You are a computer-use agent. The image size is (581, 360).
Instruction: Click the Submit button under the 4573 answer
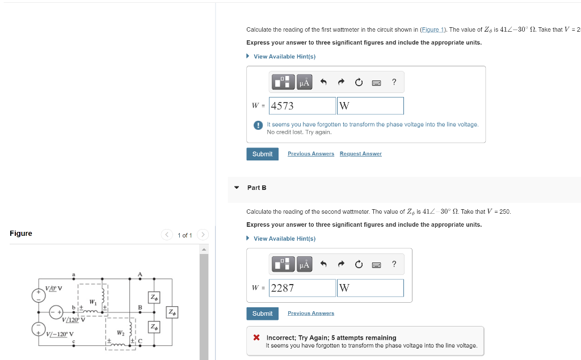coord(262,154)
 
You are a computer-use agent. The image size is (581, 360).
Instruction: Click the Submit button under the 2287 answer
coord(262,314)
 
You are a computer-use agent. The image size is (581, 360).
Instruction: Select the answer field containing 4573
coord(302,106)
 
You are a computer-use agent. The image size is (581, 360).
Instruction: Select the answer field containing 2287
coord(302,288)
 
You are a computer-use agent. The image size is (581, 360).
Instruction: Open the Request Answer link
coord(360,154)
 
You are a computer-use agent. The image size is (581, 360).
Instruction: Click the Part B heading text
coord(257,188)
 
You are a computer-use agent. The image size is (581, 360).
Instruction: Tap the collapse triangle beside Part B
coord(237,188)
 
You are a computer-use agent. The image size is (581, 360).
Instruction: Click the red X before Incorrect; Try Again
coord(256,338)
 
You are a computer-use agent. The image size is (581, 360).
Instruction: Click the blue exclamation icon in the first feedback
coord(257,125)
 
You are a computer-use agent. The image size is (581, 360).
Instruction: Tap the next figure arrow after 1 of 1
coord(203,235)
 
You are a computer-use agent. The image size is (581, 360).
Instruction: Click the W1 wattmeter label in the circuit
coord(92,302)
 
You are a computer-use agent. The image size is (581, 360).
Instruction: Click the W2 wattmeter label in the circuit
coord(120,332)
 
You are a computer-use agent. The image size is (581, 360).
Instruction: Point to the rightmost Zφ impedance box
coord(172,312)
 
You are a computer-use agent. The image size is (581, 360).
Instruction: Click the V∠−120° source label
coord(60,333)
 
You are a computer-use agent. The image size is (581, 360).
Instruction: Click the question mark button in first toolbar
coord(394,82)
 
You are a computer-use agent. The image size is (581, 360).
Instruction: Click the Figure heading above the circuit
coord(21,234)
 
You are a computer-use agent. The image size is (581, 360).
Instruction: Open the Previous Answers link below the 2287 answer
coord(311,314)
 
